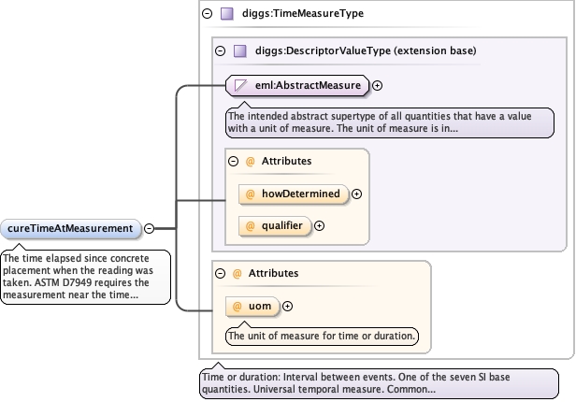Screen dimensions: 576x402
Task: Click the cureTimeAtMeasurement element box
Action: click(71, 229)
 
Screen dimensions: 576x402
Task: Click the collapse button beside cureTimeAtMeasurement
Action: click(150, 228)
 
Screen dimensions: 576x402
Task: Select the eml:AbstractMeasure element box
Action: click(297, 85)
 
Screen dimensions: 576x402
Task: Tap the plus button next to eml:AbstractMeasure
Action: click(377, 85)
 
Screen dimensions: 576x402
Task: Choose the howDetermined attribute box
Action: click(294, 194)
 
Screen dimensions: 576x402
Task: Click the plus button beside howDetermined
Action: click(356, 194)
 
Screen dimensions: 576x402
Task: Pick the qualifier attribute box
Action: click(275, 226)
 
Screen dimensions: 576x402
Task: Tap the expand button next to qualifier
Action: click(319, 226)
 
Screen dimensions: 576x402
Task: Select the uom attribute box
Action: click(252, 307)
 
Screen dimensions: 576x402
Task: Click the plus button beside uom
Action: click(288, 307)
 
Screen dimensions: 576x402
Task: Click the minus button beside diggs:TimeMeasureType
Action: click(208, 14)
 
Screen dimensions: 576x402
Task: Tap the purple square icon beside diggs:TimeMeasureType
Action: click(227, 14)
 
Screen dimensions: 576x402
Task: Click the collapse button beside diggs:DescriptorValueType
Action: click(221, 50)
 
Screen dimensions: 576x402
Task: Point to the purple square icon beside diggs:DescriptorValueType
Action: click(240, 50)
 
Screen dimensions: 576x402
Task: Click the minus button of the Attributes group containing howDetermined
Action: click(233, 161)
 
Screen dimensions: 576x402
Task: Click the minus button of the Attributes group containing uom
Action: click(220, 274)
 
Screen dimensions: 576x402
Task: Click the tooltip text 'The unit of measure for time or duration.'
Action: click(322, 336)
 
